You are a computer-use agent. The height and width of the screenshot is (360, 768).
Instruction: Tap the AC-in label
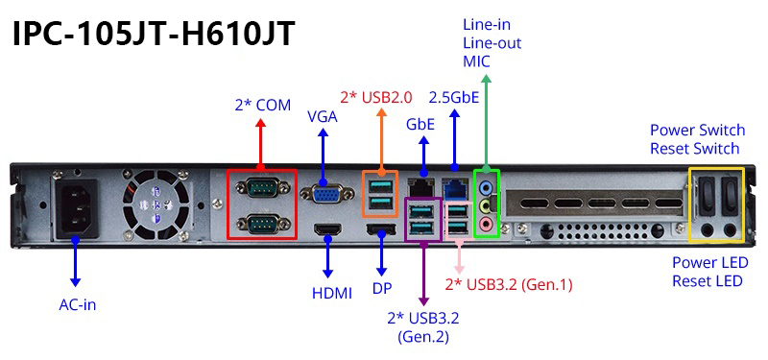tap(78, 304)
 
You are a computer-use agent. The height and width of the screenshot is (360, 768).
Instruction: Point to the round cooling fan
tap(156, 204)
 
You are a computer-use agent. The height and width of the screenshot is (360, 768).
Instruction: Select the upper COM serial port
tap(261, 188)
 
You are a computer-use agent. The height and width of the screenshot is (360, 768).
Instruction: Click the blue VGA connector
tap(326, 195)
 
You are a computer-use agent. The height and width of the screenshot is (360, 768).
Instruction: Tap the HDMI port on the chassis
tap(327, 229)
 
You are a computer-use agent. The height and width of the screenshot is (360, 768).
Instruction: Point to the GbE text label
tap(420, 124)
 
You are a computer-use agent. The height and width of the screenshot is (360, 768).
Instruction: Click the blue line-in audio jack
tap(486, 186)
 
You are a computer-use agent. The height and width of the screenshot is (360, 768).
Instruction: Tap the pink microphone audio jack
tap(486, 225)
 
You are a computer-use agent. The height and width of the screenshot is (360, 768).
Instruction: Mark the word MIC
tap(476, 61)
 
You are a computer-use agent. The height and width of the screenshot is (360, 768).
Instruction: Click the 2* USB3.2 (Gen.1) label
tap(509, 284)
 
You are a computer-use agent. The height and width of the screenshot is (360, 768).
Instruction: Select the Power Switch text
tap(698, 131)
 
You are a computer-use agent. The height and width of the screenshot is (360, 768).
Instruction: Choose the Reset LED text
tap(707, 281)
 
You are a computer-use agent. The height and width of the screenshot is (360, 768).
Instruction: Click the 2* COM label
tap(262, 105)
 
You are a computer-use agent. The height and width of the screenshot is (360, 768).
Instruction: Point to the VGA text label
tap(323, 117)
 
